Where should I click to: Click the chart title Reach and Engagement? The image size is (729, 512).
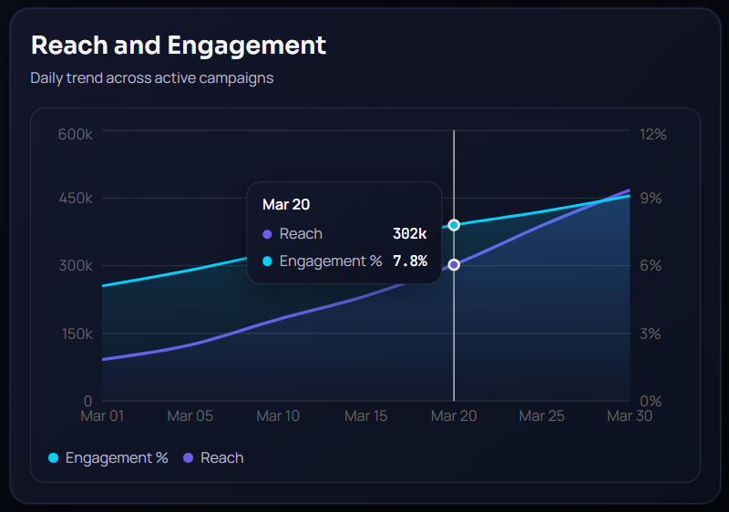click(178, 45)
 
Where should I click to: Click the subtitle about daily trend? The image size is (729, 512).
click(151, 77)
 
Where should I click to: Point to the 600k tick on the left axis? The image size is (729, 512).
click(76, 134)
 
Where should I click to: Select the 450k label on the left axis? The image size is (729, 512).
click(76, 199)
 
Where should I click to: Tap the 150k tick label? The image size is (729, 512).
click(76, 333)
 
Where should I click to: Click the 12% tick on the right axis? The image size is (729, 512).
click(653, 134)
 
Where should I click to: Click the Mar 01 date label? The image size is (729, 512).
click(102, 416)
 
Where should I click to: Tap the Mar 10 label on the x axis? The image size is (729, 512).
click(278, 416)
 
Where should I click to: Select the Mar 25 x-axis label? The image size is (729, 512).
click(541, 416)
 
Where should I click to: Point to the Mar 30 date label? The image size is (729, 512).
click(630, 416)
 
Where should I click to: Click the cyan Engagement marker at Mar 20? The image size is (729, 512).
click(454, 225)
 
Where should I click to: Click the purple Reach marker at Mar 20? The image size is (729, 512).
click(454, 265)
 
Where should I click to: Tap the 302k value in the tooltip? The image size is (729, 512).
click(409, 234)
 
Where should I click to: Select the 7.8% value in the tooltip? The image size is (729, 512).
click(409, 261)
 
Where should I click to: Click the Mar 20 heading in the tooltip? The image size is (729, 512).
click(286, 205)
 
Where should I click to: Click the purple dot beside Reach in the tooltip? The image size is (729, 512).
click(267, 234)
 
